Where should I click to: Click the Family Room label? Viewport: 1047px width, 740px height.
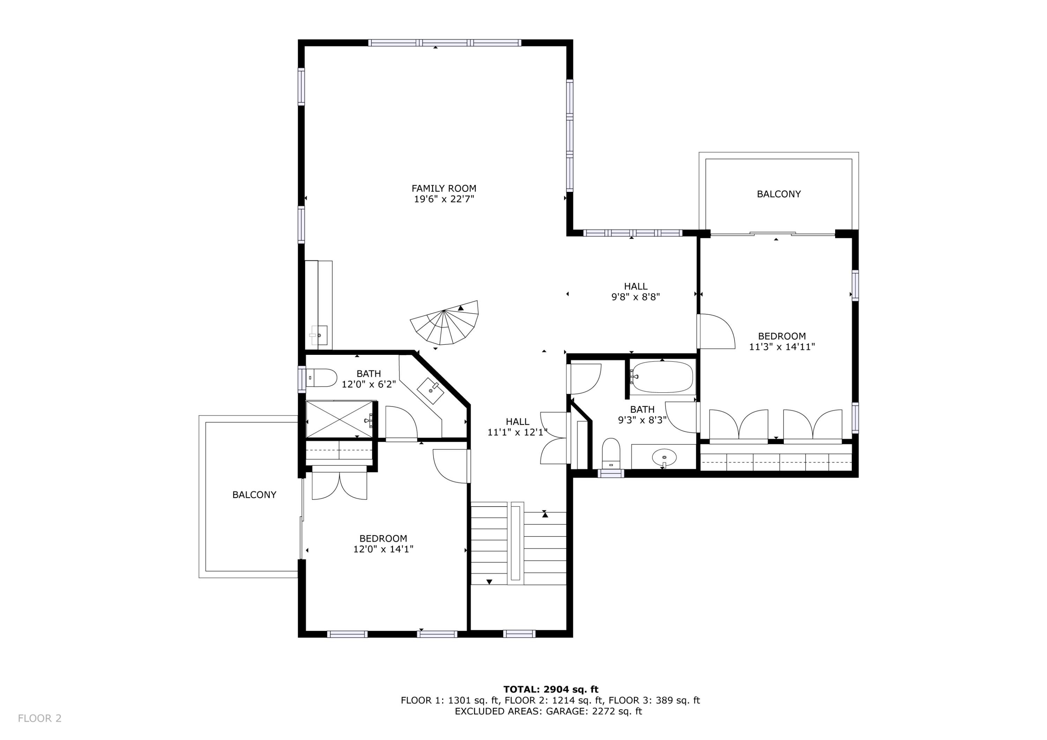tap(444, 188)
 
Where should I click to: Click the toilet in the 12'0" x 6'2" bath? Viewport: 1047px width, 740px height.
tap(321, 378)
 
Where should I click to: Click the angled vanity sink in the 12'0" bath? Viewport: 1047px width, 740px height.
tap(430, 391)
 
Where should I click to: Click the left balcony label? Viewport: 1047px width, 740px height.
tap(254, 495)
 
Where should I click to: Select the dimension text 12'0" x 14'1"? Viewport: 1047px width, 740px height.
tap(383, 550)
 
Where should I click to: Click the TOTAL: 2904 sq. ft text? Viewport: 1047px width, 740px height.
tap(550, 689)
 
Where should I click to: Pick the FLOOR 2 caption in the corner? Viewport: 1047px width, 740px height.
tap(40, 719)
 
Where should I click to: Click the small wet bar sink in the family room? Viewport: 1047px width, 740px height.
tap(319, 336)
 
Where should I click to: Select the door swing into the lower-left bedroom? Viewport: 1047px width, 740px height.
tap(451, 466)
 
